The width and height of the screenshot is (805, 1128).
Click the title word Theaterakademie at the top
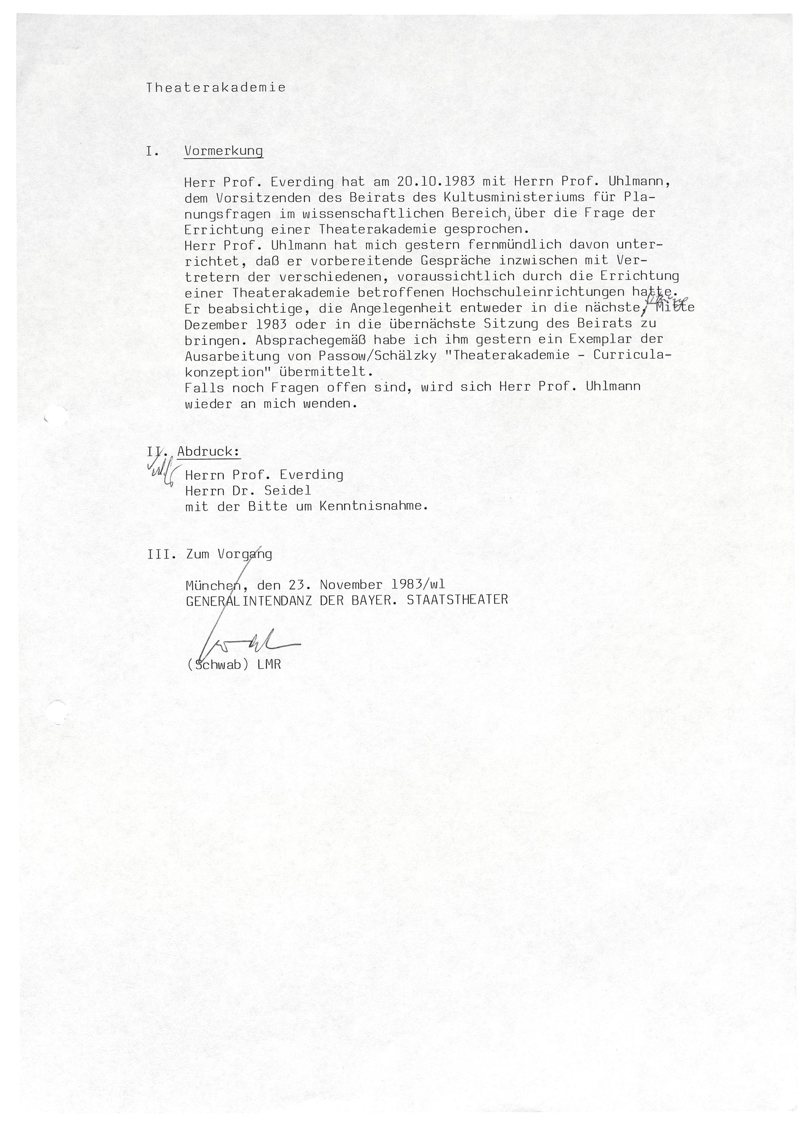point(216,88)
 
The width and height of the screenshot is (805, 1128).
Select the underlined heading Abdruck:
point(208,452)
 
